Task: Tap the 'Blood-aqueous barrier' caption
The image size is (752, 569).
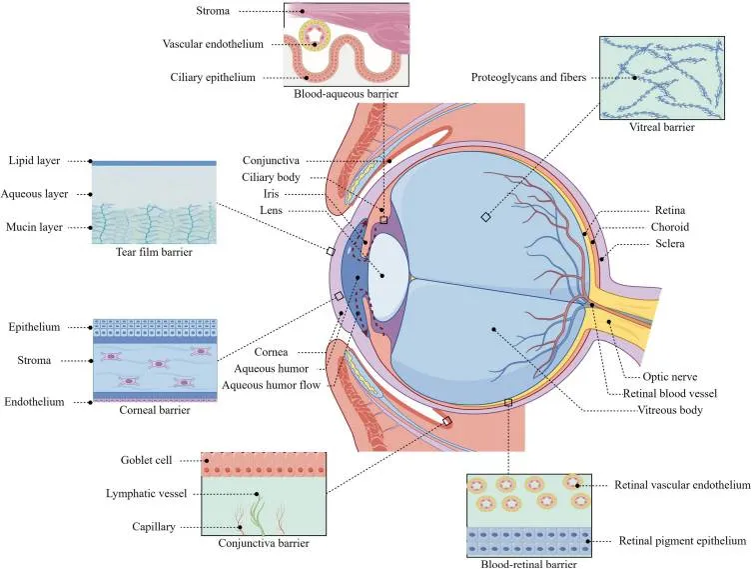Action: [347, 94]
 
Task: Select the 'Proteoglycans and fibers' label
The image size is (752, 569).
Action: [528, 77]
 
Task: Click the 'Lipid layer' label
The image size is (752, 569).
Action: [33, 160]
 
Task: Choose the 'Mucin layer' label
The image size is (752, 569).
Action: [32, 227]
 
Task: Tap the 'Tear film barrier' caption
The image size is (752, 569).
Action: [153, 252]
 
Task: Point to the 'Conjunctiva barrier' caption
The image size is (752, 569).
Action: [263, 543]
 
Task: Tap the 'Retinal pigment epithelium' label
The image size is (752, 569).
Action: [682, 541]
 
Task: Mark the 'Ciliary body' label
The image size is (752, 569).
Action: [273, 177]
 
